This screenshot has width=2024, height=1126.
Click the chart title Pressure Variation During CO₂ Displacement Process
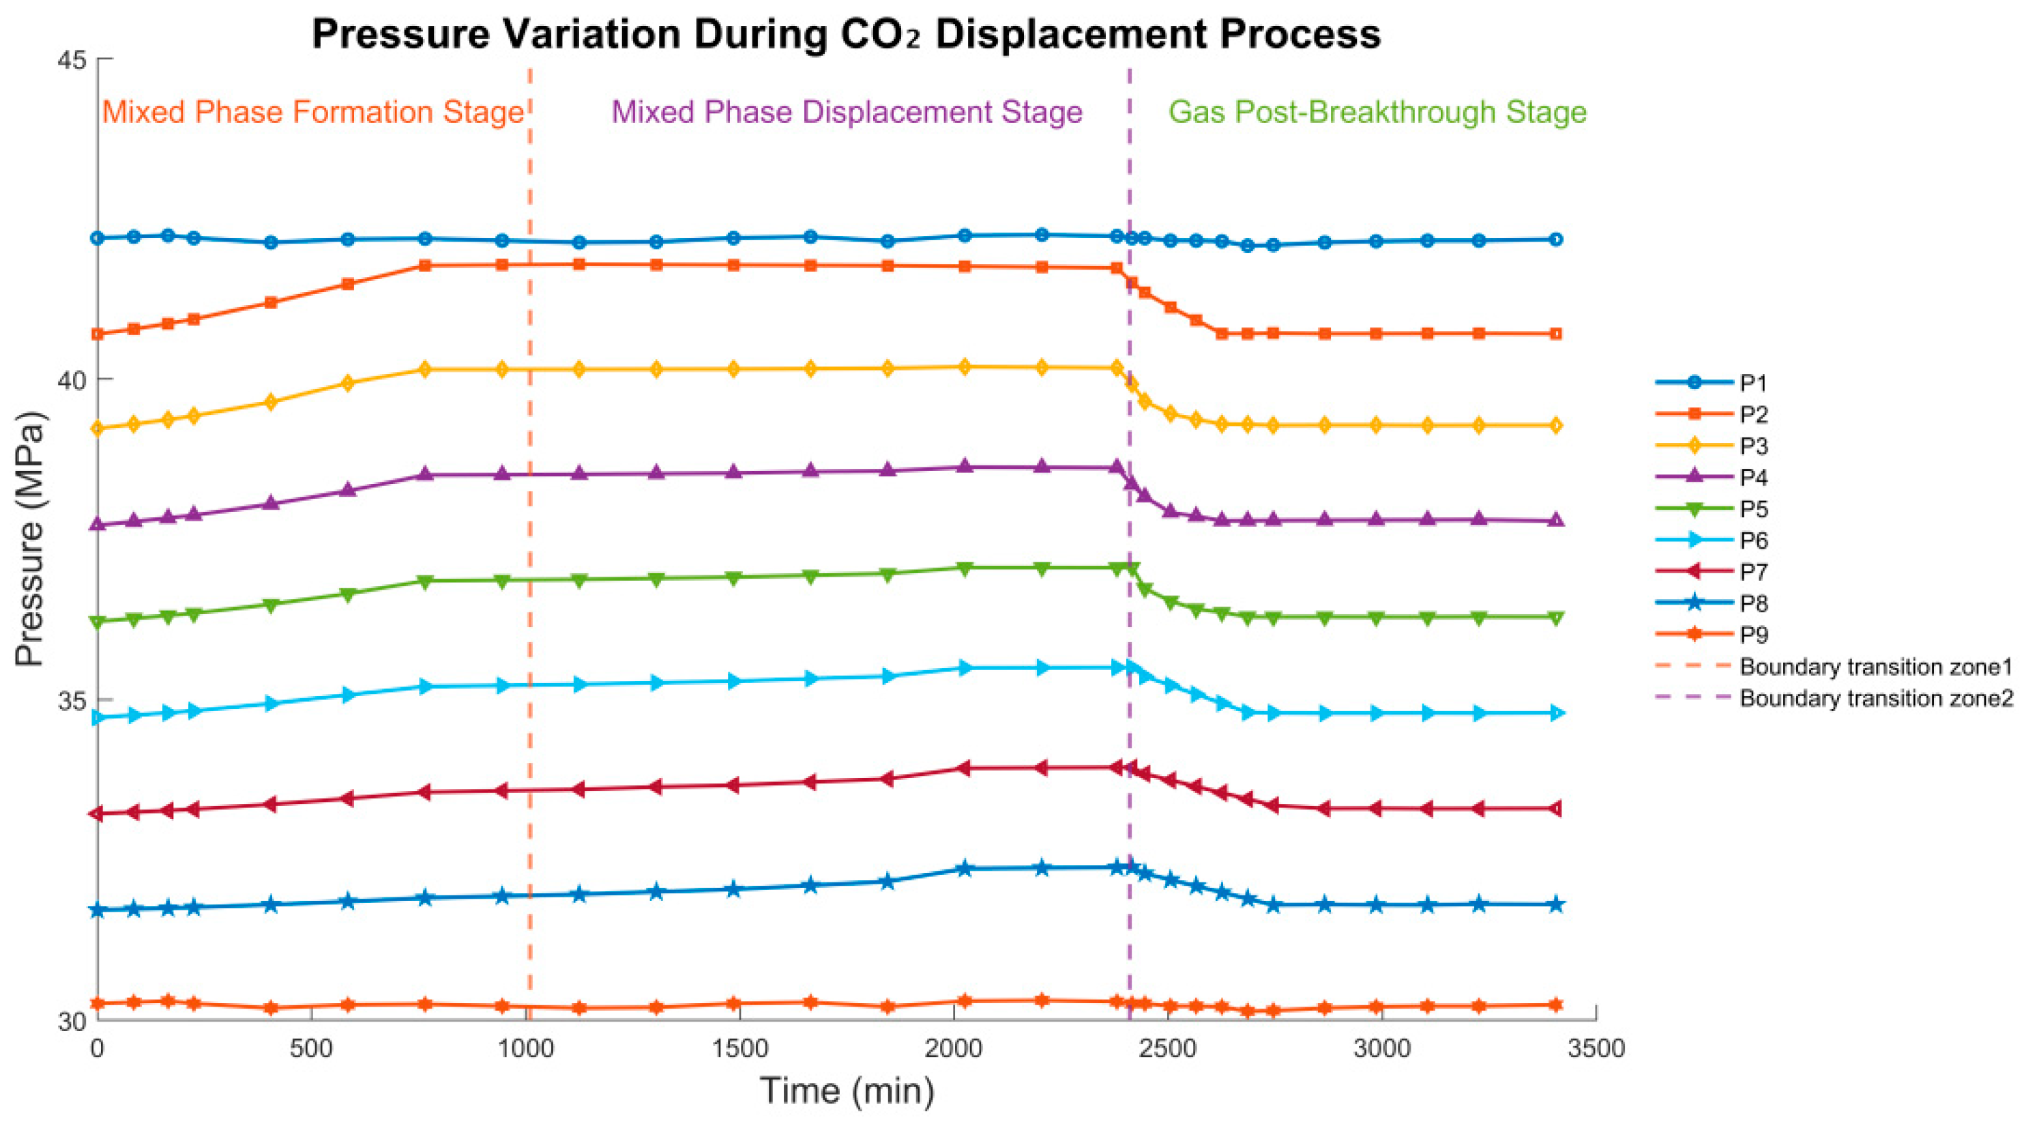[x=846, y=35]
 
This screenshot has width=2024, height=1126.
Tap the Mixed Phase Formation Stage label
[x=312, y=112]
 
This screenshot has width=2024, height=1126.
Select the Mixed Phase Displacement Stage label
[x=847, y=112]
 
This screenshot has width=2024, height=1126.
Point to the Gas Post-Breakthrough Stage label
[x=1377, y=112]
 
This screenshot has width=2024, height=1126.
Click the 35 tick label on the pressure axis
[x=73, y=700]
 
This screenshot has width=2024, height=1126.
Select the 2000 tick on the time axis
[x=953, y=1049]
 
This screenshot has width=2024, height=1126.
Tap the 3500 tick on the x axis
[x=1596, y=1049]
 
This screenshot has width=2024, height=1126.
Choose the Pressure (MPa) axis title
[x=31, y=539]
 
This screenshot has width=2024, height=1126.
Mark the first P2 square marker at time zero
[x=98, y=334]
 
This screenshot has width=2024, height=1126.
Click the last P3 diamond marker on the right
[x=1555, y=426]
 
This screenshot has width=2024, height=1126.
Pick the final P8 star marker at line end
[x=1555, y=904]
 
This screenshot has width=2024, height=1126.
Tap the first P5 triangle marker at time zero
[x=98, y=622]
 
